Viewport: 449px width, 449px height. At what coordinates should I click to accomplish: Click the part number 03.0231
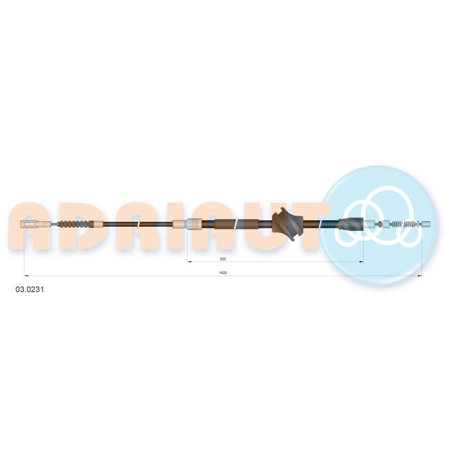[30, 290]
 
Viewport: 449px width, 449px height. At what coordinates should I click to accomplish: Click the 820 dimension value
[223, 259]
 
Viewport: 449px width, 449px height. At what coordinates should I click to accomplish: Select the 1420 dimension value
[223, 273]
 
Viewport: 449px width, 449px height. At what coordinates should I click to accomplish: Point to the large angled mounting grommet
[287, 223]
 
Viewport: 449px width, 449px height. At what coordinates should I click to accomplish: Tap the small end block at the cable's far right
[426, 223]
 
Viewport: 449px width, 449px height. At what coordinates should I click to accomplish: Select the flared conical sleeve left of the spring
[351, 223]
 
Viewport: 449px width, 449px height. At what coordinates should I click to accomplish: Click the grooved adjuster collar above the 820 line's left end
[194, 223]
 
